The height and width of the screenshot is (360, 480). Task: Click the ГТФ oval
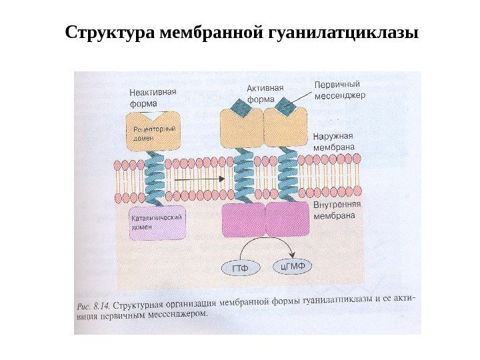pos(240,269)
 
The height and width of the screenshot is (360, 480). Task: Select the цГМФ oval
pos(293,267)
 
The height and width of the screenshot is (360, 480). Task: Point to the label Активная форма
pos(265,93)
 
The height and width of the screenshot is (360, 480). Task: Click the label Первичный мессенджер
pos(339,89)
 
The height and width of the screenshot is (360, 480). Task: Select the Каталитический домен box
pos(157,222)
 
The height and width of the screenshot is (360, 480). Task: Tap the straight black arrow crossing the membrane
pos(198,179)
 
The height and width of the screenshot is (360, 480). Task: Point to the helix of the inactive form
pos(155,178)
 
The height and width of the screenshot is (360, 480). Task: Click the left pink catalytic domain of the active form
pos(243,221)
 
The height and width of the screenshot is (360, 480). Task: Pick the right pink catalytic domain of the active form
pos(288,221)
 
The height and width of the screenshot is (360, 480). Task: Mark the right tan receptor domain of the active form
pos(286,128)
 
